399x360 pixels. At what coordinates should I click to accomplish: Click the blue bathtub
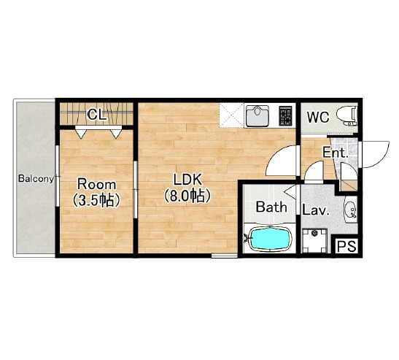270,239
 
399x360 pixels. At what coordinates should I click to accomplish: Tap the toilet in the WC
346,117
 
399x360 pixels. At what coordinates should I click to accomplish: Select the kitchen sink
257,116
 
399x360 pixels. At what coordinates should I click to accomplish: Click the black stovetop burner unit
285,116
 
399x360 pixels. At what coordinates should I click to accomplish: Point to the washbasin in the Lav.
351,210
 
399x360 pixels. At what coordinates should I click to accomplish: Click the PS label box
346,246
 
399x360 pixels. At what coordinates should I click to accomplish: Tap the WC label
318,117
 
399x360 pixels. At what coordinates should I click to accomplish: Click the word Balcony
36,179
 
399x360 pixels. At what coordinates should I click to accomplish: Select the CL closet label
96,115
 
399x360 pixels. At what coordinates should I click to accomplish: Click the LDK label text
187,180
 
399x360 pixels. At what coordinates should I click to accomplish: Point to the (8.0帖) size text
187,196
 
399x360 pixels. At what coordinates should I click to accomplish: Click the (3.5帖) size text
96,200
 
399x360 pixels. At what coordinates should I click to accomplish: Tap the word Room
97,184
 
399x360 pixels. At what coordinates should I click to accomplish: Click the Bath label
271,207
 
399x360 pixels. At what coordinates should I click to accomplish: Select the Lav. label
315,210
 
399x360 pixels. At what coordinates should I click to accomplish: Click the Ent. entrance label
335,153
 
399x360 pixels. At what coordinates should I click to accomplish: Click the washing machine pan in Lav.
315,240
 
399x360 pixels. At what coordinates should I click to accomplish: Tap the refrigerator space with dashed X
231,115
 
